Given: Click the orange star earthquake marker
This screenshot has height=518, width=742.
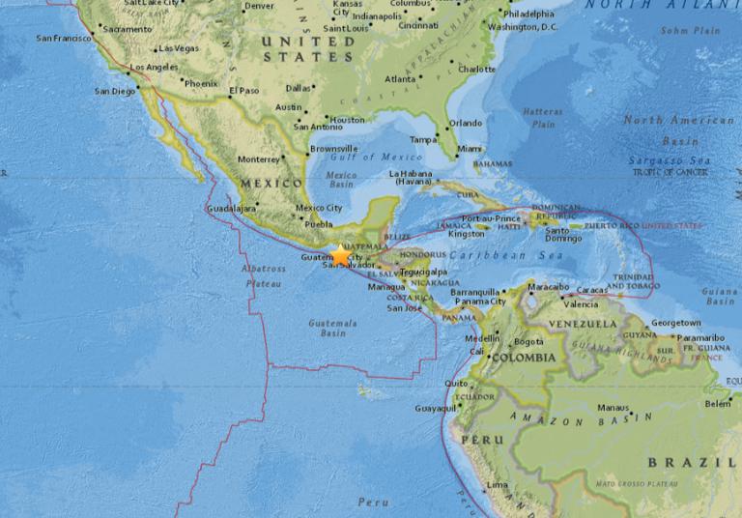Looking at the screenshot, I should tap(341, 255).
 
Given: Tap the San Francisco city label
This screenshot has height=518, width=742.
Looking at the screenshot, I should tap(62, 39).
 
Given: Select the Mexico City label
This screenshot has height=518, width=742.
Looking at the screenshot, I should tap(319, 208).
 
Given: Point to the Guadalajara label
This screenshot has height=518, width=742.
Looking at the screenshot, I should tap(232, 208).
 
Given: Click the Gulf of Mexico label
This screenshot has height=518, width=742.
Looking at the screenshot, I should tap(361, 157).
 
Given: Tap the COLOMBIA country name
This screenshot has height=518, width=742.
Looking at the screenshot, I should tap(524, 358).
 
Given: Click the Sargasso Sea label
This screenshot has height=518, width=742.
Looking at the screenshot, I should tap(668, 160).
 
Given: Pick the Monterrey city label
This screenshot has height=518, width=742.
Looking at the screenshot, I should tap(258, 159).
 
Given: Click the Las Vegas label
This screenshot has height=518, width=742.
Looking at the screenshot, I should tap(179, 48).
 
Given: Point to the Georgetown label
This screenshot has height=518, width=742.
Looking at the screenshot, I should tap(675, 323).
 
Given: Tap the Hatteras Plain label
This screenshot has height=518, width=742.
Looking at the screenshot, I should tap(543, 118).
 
